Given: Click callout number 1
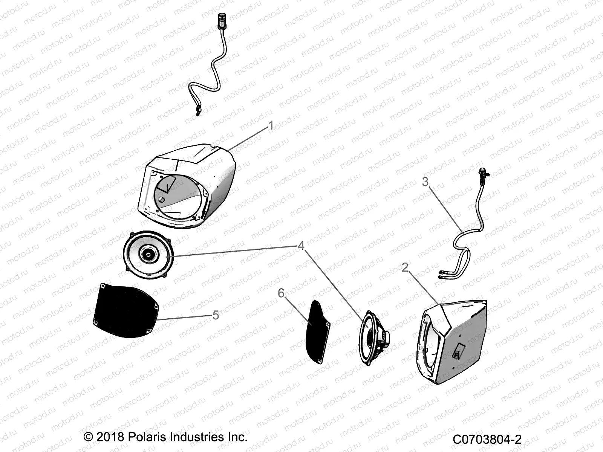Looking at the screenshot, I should [x=271, y=126].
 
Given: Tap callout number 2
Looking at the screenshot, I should [x=405, y=267].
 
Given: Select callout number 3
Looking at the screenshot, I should [x=425, y=182].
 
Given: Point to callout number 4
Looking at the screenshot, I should [x=301, y=246].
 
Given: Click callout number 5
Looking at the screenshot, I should [x=216, y=315].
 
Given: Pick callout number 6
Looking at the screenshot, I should [x=281, y=293].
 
